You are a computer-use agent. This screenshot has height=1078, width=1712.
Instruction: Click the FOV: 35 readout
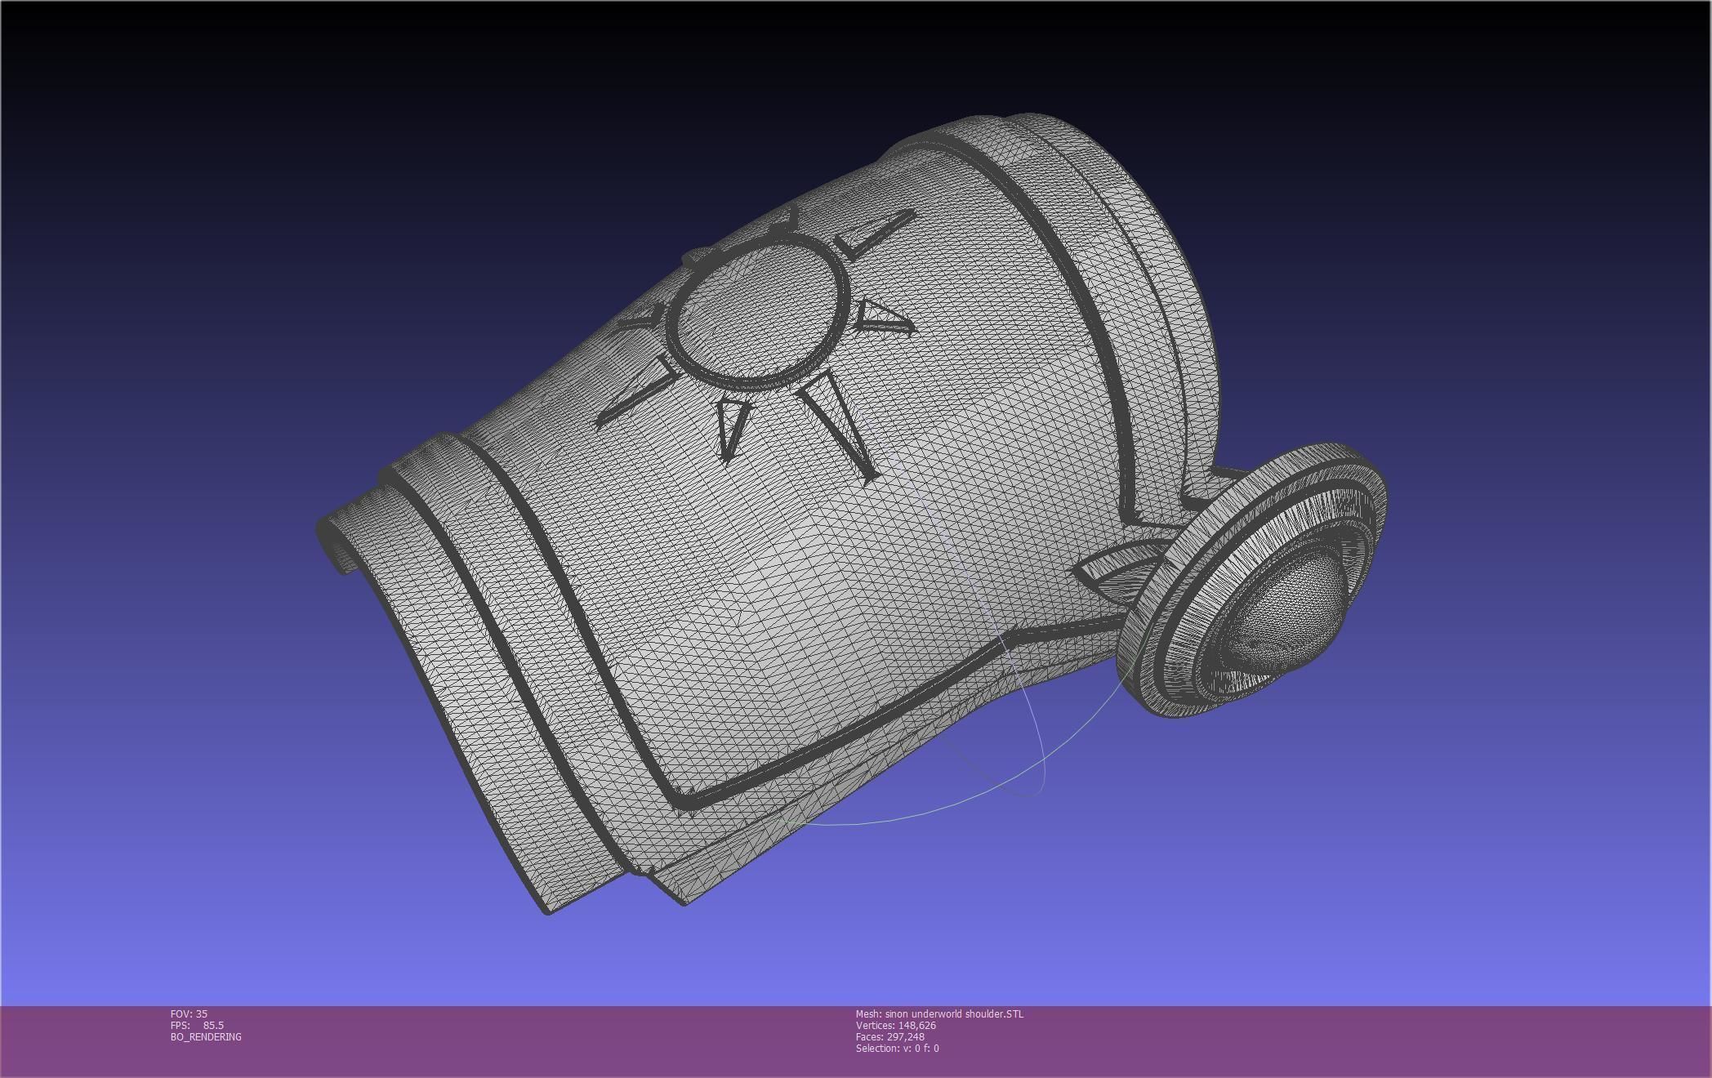click(x=189, y=1013)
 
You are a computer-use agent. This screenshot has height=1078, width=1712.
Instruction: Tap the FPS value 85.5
click(x=213, y=1025)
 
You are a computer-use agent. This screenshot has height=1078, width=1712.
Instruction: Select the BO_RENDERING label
click(x=206, y=1036)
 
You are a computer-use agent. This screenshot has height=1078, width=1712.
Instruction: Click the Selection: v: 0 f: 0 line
click(x=897, y=1048)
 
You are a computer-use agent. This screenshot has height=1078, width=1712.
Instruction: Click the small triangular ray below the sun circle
click(x=731, y=425)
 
